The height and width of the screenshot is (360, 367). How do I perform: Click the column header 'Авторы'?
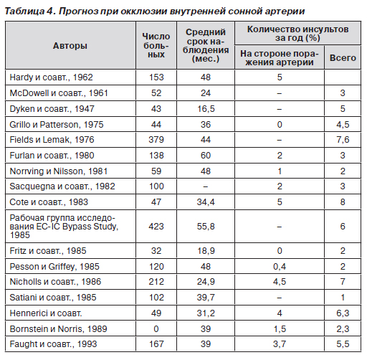(70, 45)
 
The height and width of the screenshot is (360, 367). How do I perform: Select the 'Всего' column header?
(343, 57)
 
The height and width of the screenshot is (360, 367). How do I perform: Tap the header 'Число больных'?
(156, 45)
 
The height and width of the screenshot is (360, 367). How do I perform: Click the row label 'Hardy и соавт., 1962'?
(51, 77)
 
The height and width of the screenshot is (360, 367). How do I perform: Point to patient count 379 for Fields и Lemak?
(156, 139)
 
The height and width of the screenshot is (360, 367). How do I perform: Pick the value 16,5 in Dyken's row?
(206, 108)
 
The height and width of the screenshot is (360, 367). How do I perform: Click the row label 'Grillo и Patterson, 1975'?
(57, 124)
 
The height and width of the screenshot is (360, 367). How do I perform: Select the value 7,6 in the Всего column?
(343, 139)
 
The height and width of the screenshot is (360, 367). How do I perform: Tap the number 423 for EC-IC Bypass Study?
(156, 226)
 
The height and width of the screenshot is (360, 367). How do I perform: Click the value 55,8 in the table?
(206, 226)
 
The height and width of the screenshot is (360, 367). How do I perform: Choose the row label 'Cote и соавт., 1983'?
(49, 202)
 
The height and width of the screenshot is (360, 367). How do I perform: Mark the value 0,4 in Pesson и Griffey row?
(280, 266)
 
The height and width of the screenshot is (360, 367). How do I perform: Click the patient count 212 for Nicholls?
(156, 281)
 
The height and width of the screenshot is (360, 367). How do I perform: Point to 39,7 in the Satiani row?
(206, 297)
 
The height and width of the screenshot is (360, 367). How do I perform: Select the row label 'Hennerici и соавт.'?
(46, 313)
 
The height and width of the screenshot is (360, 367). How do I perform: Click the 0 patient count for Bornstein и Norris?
(156, 328)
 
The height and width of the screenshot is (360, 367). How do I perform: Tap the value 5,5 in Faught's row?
(343, 344)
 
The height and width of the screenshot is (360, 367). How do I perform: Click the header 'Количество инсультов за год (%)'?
(297, 34)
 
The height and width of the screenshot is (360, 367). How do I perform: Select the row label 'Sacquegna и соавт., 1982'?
(62, 186)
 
